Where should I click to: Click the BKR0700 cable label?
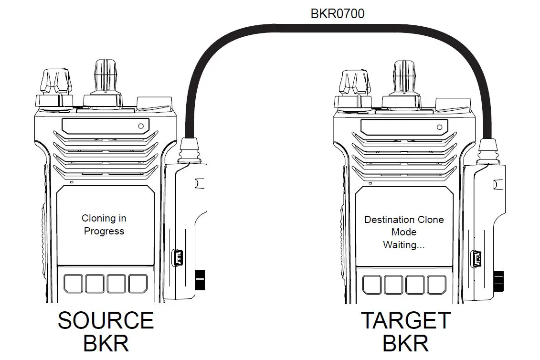(337, 13)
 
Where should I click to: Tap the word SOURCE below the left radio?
(106, 320)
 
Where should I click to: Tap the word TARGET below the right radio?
(405, 320)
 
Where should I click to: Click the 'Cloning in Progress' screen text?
(104, 225)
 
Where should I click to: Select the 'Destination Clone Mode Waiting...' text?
(404, 232)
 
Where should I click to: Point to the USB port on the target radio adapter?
(477, 259)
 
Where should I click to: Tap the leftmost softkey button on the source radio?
(73, 284)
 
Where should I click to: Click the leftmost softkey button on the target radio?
(372, 285)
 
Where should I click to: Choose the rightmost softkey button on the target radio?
(436, 285)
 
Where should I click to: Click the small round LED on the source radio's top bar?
(140, 126)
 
